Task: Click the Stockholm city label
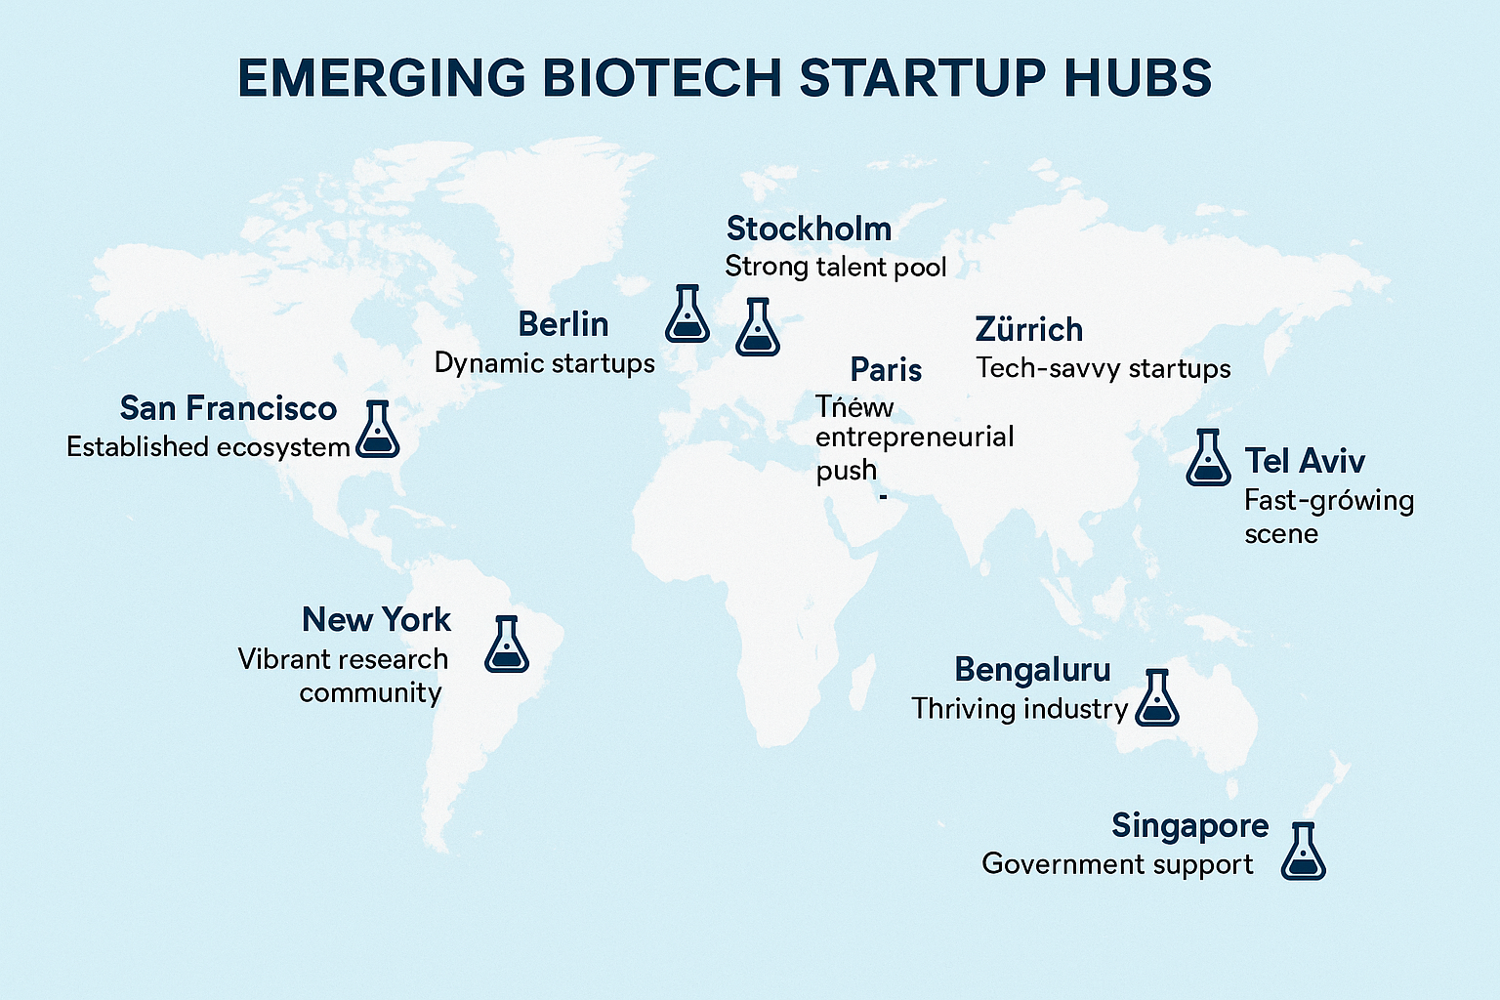[x=809, y=229]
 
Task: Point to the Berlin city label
[x=563, y=324]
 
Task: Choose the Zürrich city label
[x=1029, y=329]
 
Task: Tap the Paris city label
[x=886, y=369]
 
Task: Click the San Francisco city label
[x=229, y=408]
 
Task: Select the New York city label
[x=376, y=619]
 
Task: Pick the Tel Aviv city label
[x=1305, y=461]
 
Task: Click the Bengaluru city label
[x=1032, y=670]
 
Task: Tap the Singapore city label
[x=1189, y=825]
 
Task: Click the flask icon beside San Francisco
[x=377, y=429]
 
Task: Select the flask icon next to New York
[x=507, y=645]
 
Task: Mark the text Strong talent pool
[x=835, y=267]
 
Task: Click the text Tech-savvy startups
[x=1103, y=368]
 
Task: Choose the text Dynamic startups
[x=544, y=363]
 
